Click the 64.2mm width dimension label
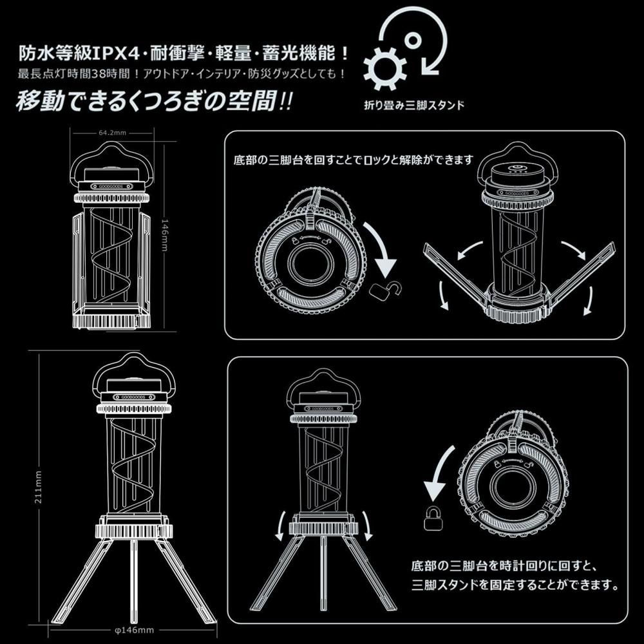(x=112, y=133)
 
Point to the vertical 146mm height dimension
(x=165, y=235)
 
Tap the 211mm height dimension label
(x=39, y=488)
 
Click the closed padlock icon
(x=433, y=518)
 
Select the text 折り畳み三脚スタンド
(x=414, y=106)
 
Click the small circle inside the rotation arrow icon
(x=412, y=40)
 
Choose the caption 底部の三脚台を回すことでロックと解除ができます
(x=354, y=159)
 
